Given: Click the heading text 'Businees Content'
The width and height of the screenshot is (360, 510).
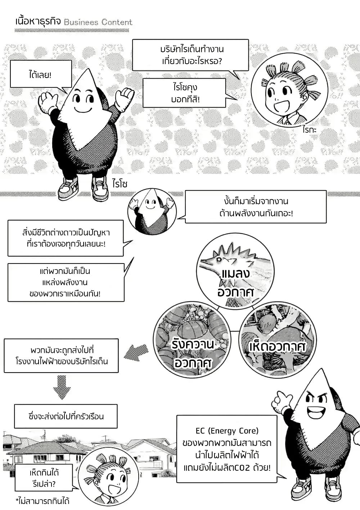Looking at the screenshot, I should tap(98, 22).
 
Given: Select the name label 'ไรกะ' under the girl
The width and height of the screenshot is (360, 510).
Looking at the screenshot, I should tap(309, 130).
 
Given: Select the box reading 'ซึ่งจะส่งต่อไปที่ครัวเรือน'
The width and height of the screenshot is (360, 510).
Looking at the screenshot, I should tap(66, 416).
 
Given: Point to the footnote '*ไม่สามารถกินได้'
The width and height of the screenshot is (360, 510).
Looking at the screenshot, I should tap(42, 501).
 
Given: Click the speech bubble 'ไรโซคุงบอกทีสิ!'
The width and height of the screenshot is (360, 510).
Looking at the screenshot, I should tap(184, 93).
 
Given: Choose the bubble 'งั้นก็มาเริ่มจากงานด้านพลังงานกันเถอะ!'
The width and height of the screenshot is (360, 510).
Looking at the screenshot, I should tap(256, 207).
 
